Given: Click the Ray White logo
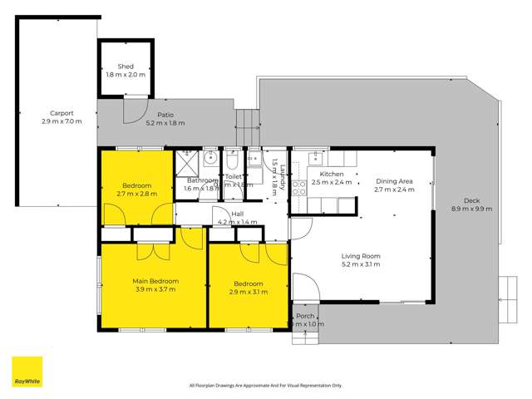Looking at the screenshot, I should [x=27, y=372].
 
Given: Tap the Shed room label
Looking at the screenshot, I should [x=126, y=66].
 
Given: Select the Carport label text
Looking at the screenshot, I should [x=62, y=114].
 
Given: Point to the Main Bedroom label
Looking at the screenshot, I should [x=155, y=281].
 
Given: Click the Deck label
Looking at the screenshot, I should [x=472, y=200].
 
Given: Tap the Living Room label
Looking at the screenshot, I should [x=360, y=256].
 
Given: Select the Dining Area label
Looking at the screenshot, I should [x=395, y=180].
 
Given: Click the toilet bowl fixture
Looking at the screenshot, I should [x=232, y=156].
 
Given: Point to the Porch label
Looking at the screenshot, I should [x=307, y=316].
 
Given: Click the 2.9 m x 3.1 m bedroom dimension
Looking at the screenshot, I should [x=248, y=292].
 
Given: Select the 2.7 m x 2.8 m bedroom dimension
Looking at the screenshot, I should [x=136, y=193].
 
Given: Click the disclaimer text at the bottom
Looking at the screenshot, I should [x=266, y=385].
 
